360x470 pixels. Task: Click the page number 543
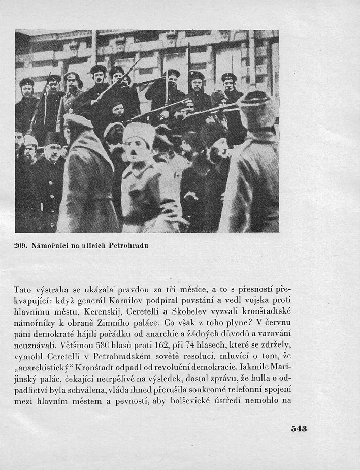[299, 428]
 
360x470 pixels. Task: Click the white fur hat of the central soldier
[139, 133]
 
